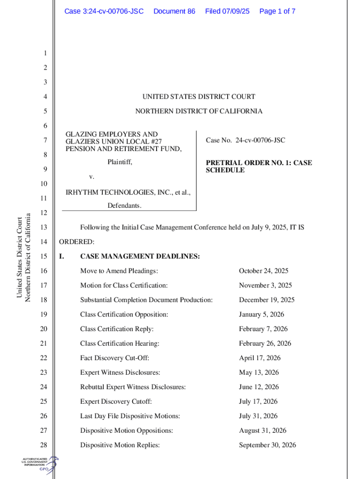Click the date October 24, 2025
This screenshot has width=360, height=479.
click(x=263, y=271)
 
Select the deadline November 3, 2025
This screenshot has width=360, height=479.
click(x=265, y=285)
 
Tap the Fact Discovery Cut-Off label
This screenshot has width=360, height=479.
click(x=115, y=358)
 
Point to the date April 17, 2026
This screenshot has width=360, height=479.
click(x=259, y=358)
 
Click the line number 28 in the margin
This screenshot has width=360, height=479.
click(x=44, y=445)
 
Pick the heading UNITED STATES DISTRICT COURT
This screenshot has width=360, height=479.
click(x=199, y=97)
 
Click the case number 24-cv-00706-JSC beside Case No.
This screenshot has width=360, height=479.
click(x=260, y=140)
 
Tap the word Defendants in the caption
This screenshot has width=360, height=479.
click(x=124, y=206)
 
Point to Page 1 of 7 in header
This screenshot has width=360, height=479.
click(x=277, y=11)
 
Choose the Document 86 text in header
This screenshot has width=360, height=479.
click(x=174, y=11)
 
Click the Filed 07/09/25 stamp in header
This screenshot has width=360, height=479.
click(x=227, y=11)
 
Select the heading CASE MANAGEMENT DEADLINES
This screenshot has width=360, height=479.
click(x=140, y=256)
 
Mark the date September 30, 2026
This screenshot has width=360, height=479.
click(x=267, y=445)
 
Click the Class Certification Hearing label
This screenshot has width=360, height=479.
click(x=120, y=343)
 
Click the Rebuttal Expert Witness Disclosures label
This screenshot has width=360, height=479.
click(x=133, y=387)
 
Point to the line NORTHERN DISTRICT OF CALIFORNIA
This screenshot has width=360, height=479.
click(x=199, y=111)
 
